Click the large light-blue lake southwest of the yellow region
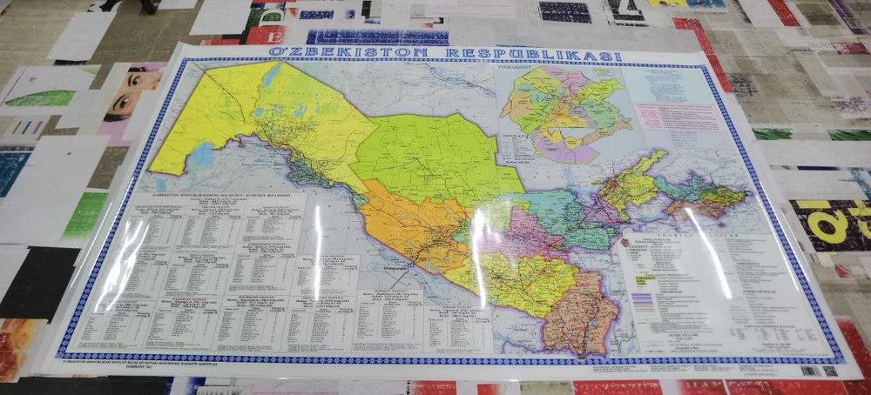tap(202, 156)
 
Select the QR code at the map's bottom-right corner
tap(829, 371)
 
